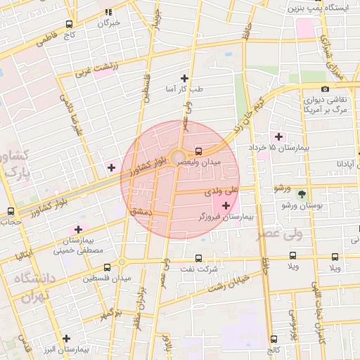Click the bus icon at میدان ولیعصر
[199, 150]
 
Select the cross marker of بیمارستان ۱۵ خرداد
[279, 136]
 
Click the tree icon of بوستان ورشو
[302, 194]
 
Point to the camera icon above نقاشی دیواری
[324, 89]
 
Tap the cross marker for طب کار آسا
[185, 78]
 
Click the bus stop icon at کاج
[273, 340]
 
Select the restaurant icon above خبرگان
[108, 12]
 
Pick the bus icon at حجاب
[10, 211]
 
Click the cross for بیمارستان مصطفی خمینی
[78, 229]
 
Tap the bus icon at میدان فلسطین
[107, 267]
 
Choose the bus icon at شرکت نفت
[198, 258]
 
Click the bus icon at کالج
[273, 340]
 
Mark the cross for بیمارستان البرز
[66, 338]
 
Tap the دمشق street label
[141, 211]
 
